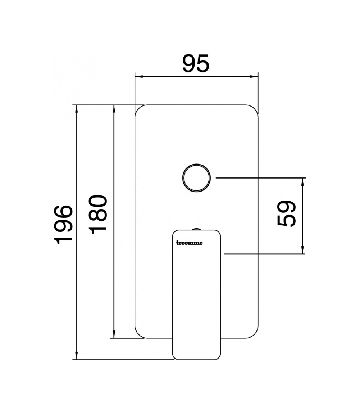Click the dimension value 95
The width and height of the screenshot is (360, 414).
click(x=196, y=64)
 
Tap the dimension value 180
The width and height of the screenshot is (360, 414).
click(x=98, y=215)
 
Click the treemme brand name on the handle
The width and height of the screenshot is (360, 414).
click(x=189, y=243)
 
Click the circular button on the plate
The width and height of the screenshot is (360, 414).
click(x=196, y=178)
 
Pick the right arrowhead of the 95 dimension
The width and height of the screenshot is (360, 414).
click(x=255, y=76)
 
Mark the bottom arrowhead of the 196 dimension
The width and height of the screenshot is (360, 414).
click(x=76, y=356)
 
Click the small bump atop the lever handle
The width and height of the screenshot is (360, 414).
click(x=196, y=228)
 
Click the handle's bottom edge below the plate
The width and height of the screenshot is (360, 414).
click(x=196, y=359)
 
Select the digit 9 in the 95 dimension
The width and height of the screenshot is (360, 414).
click(x=189, y=64)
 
